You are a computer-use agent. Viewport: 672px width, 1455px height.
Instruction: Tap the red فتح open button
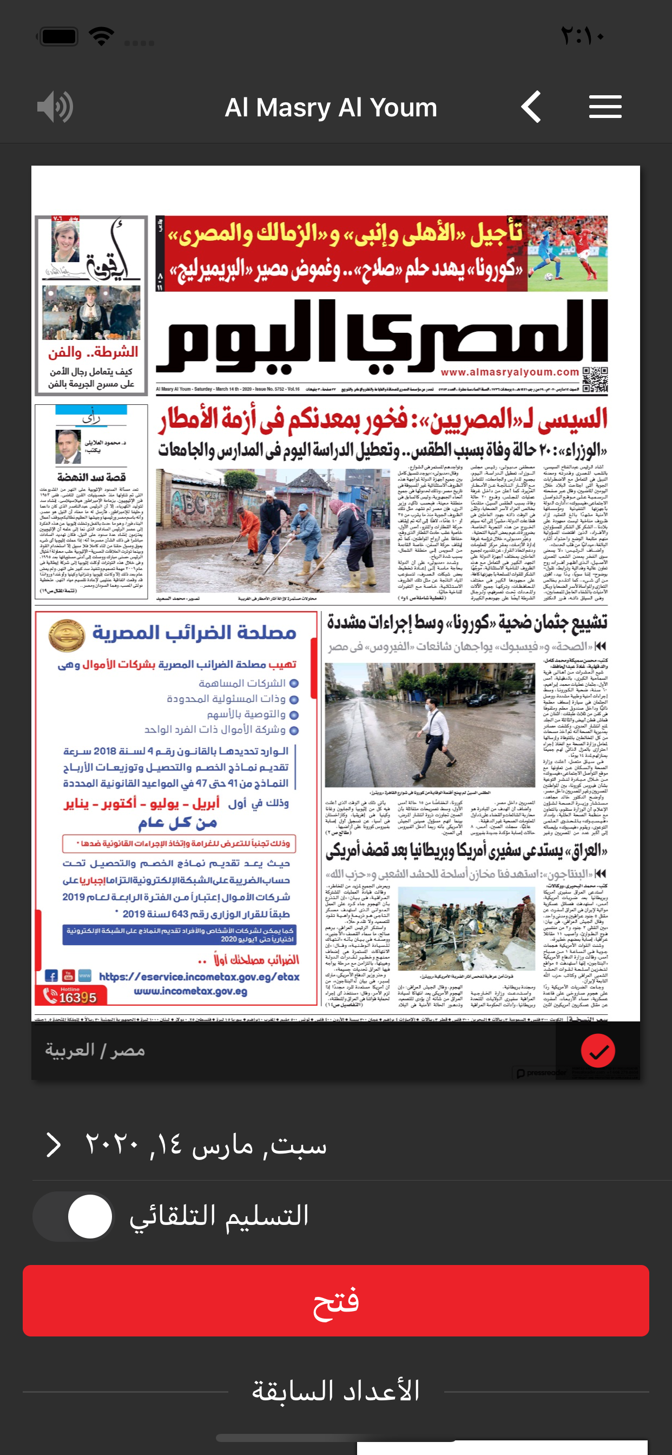point(335,1300)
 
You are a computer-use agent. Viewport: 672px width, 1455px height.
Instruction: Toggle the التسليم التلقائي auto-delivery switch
point(74,1216)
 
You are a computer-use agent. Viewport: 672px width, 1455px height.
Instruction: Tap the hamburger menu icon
point(605,107)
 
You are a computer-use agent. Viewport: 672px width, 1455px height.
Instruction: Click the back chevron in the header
point(531,107)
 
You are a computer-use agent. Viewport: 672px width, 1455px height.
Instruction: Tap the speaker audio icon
point(55,107)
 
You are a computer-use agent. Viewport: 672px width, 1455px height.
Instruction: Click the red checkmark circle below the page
point(597,1051)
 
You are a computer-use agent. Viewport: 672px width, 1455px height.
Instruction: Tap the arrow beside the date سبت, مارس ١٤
point(54,1145)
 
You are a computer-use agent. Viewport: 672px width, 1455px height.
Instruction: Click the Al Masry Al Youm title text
point(331,107)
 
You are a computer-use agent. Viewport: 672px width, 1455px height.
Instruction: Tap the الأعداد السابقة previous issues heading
point(335,1391)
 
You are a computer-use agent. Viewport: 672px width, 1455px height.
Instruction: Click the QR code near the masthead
point(595,379)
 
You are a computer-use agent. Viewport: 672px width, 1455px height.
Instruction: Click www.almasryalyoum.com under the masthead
point(509,372)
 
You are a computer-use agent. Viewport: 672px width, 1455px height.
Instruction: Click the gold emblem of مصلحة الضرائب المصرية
point(66,635)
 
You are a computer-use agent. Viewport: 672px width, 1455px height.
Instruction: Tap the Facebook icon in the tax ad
point(51,975)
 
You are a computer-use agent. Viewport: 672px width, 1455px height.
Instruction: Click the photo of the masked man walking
point(430,725)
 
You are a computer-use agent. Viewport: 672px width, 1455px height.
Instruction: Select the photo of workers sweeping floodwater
point(273,530)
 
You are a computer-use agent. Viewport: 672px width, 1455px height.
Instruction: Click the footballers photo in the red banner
point(567,254)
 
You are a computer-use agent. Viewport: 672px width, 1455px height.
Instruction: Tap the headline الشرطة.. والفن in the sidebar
point(93,352)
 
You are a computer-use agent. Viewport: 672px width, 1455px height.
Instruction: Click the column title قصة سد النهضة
point(91,477)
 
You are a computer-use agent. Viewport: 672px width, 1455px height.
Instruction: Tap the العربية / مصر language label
point(95,1050)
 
